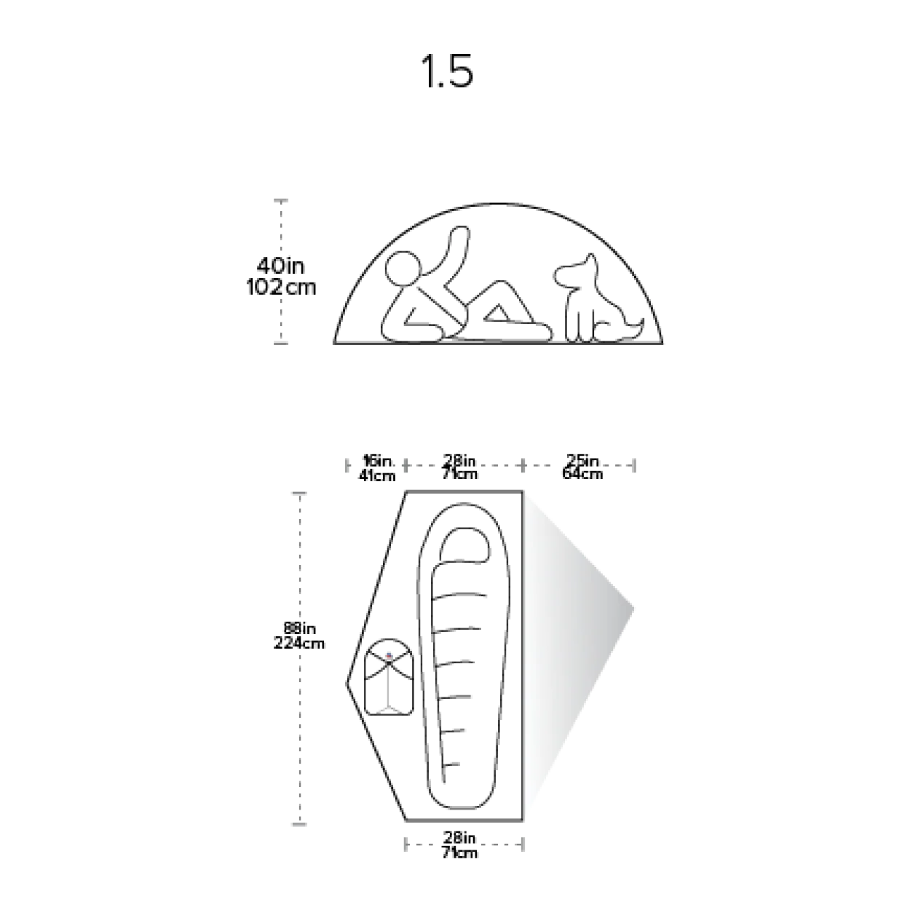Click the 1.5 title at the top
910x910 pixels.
click(x=447, y=72)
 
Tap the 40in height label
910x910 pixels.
click(x=280, y=266)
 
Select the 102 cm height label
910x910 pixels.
click(x=280, y=287)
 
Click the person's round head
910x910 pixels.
click(x=403, y=269)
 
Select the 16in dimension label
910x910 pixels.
click(x=378, y=460)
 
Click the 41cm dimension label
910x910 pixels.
click(x=377, y=475)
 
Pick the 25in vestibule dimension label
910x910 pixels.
click(x=582, y=460)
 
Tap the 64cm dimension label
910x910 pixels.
click(x=582, y=473)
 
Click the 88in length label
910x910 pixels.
click(x=299, y=628)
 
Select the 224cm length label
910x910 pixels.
click(x=299, y=643)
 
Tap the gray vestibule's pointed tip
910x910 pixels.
click(x=633, y=609)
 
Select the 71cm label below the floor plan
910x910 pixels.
click(x=459, y=853)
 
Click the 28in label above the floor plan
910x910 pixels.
click(x=459, y=460)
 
